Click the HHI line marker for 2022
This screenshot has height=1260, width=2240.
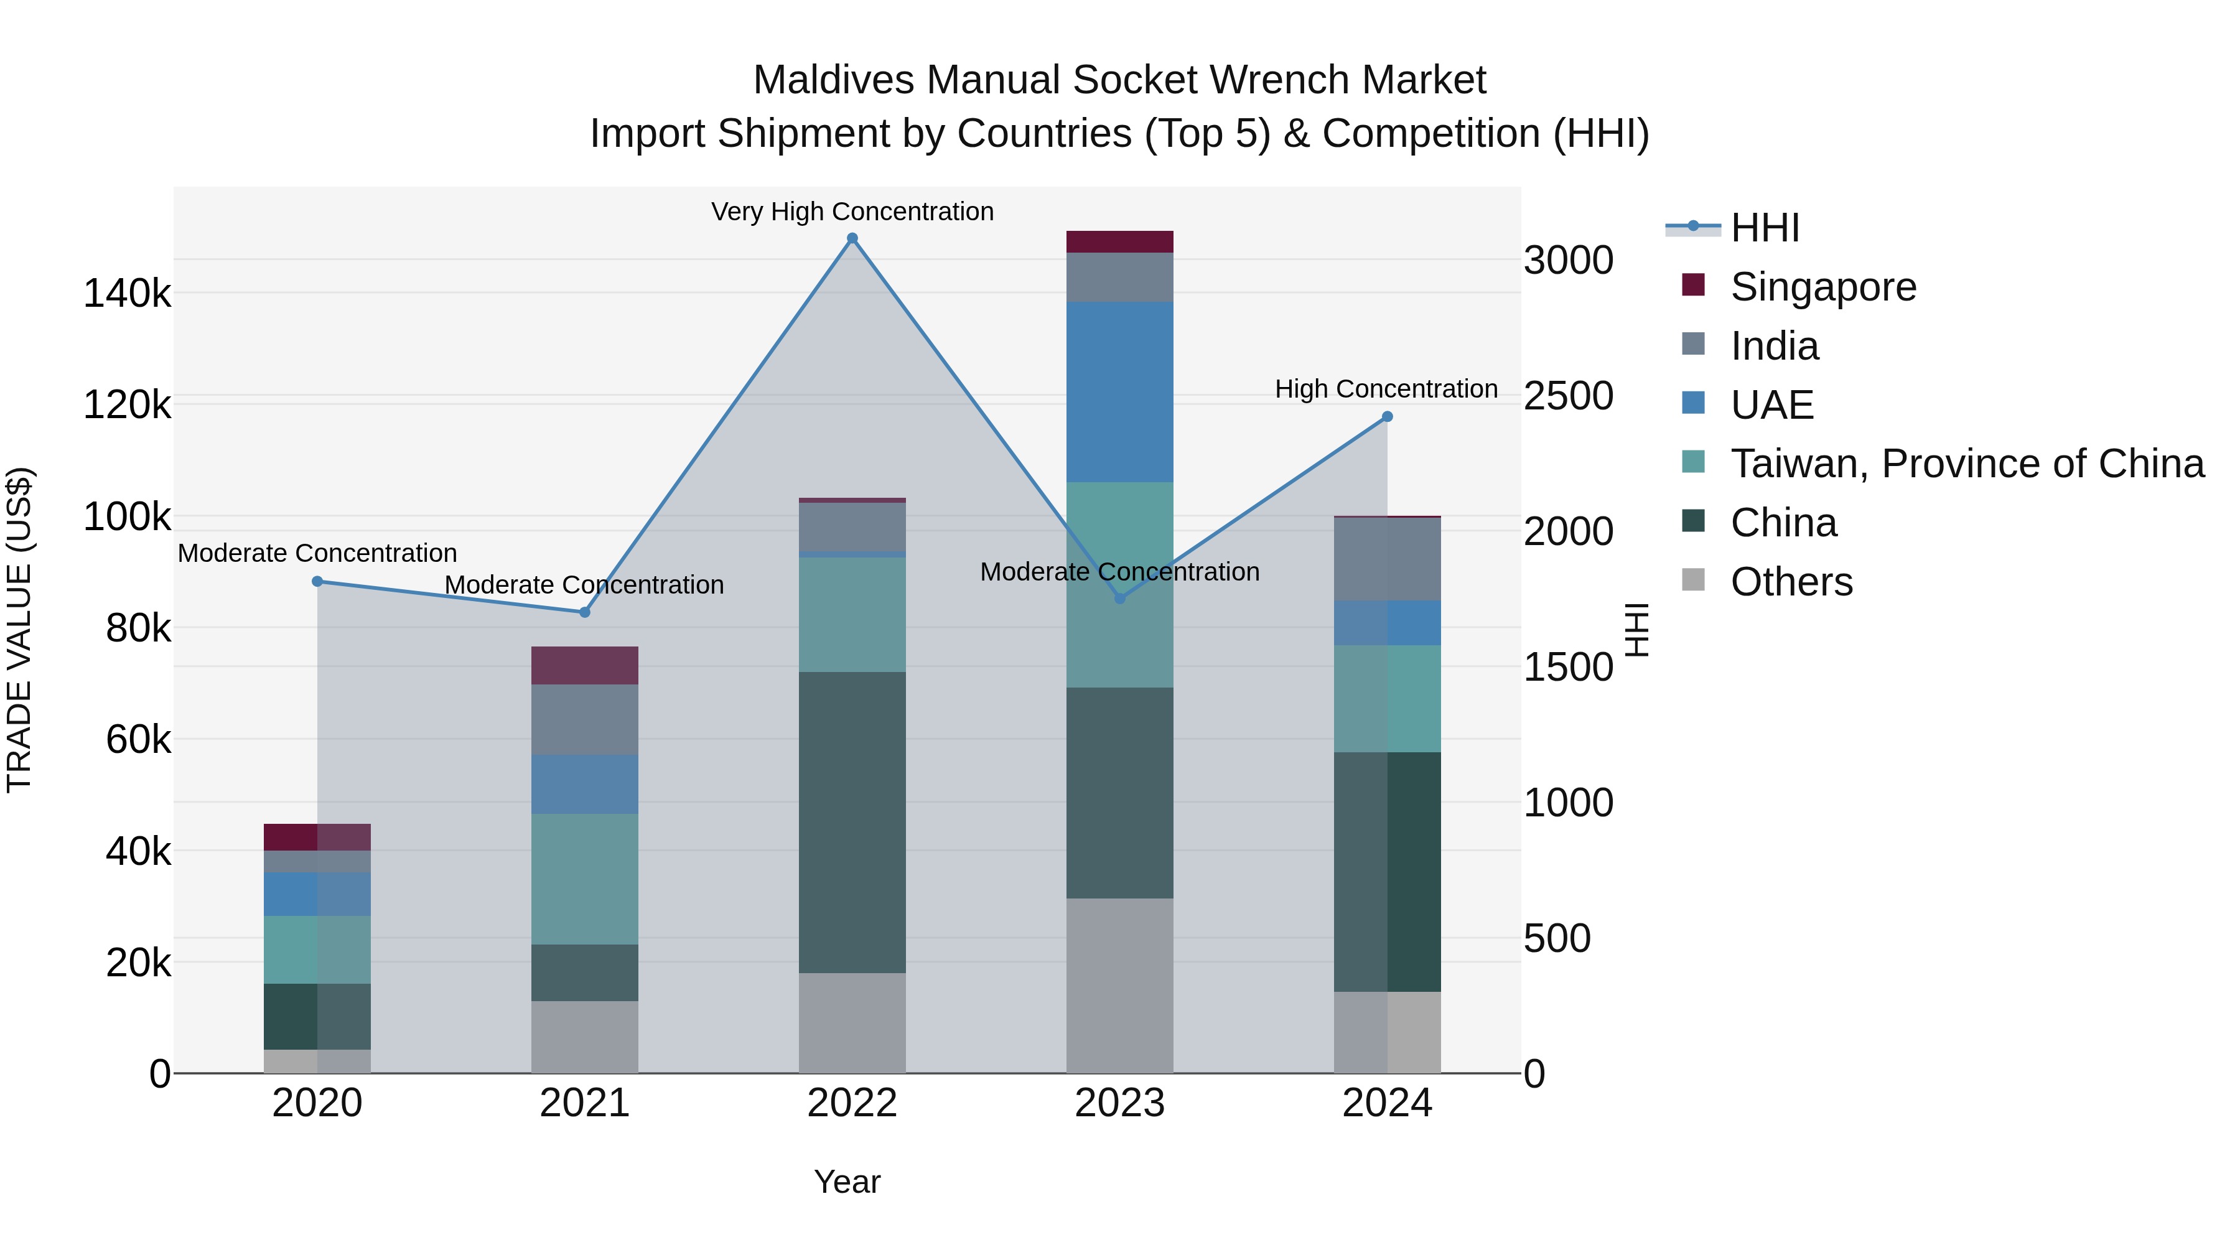click(852, 238)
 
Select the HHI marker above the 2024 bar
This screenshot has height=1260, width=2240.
click(1387, 416)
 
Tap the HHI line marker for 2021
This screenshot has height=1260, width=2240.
click(584, 612)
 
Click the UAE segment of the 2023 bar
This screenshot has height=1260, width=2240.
click(1119, 391)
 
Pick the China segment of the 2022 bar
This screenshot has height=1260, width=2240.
click(852, 822)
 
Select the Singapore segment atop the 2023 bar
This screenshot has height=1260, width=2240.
click(1119, 242)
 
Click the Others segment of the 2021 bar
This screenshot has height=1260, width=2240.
click(584, 1037)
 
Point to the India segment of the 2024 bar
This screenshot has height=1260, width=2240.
click(1387, 559)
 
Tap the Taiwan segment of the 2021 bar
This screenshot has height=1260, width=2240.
click(584, 878)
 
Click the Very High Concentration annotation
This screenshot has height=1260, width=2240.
click(852, 212)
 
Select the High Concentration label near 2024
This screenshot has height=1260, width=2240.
click(1386, 389)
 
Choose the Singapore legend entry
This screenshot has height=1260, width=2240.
click(1822, 287)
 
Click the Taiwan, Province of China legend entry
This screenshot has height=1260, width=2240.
click(1967, 464)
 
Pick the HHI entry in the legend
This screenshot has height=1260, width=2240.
click(1765, 228)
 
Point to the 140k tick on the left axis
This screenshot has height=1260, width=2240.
click(127, 294)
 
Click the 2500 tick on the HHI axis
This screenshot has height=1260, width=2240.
click(1568, 396)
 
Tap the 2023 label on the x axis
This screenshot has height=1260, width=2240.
click(1119, 1103)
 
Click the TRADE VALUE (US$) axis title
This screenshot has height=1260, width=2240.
click(19, 630)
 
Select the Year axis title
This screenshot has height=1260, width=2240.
click(847, 1182)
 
